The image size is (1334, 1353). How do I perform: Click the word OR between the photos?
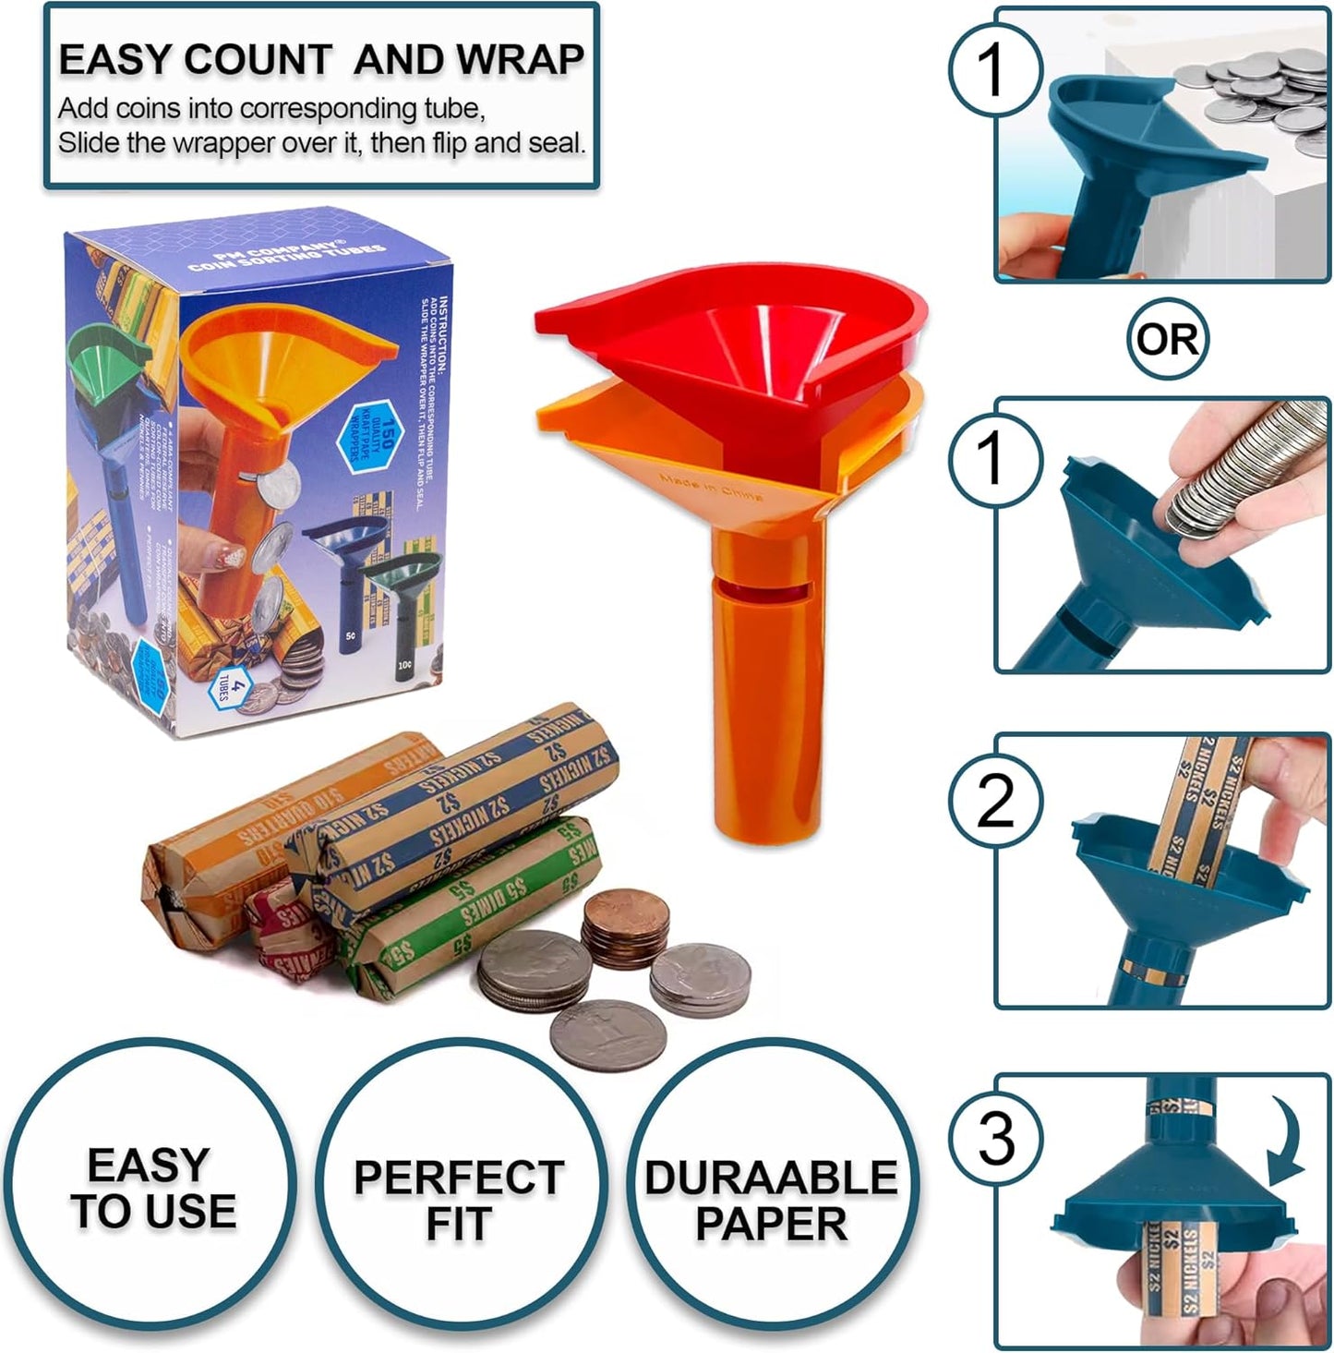1167,339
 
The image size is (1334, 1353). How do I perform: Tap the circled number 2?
996,801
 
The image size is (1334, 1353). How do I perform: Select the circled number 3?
996,1137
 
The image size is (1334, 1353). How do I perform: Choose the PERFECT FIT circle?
459,1199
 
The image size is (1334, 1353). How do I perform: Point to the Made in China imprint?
712,487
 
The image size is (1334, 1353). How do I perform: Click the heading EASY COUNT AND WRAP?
320,60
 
